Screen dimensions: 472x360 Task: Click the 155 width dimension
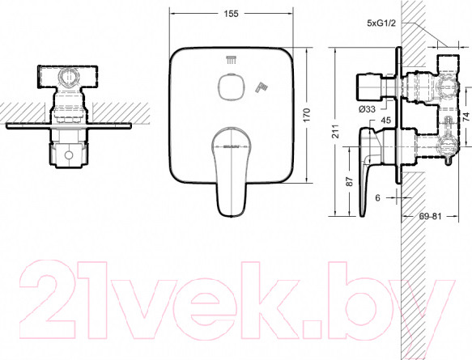(x=232, y=14)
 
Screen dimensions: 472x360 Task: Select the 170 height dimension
(x=306, y=115)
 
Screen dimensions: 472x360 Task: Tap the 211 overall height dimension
(x=335, y=131)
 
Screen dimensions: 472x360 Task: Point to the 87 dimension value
(x=349, y=181)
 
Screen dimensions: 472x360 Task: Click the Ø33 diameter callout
(x=367, y=109)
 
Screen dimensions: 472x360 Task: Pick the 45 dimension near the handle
(x=386, y=121)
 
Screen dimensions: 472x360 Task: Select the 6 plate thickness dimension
(x=378, y=197)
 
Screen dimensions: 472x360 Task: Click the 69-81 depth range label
(x=430, y=216)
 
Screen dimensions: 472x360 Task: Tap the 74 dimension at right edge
(x=466, y=116)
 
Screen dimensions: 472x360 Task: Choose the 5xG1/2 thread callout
(x=381, y=23)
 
